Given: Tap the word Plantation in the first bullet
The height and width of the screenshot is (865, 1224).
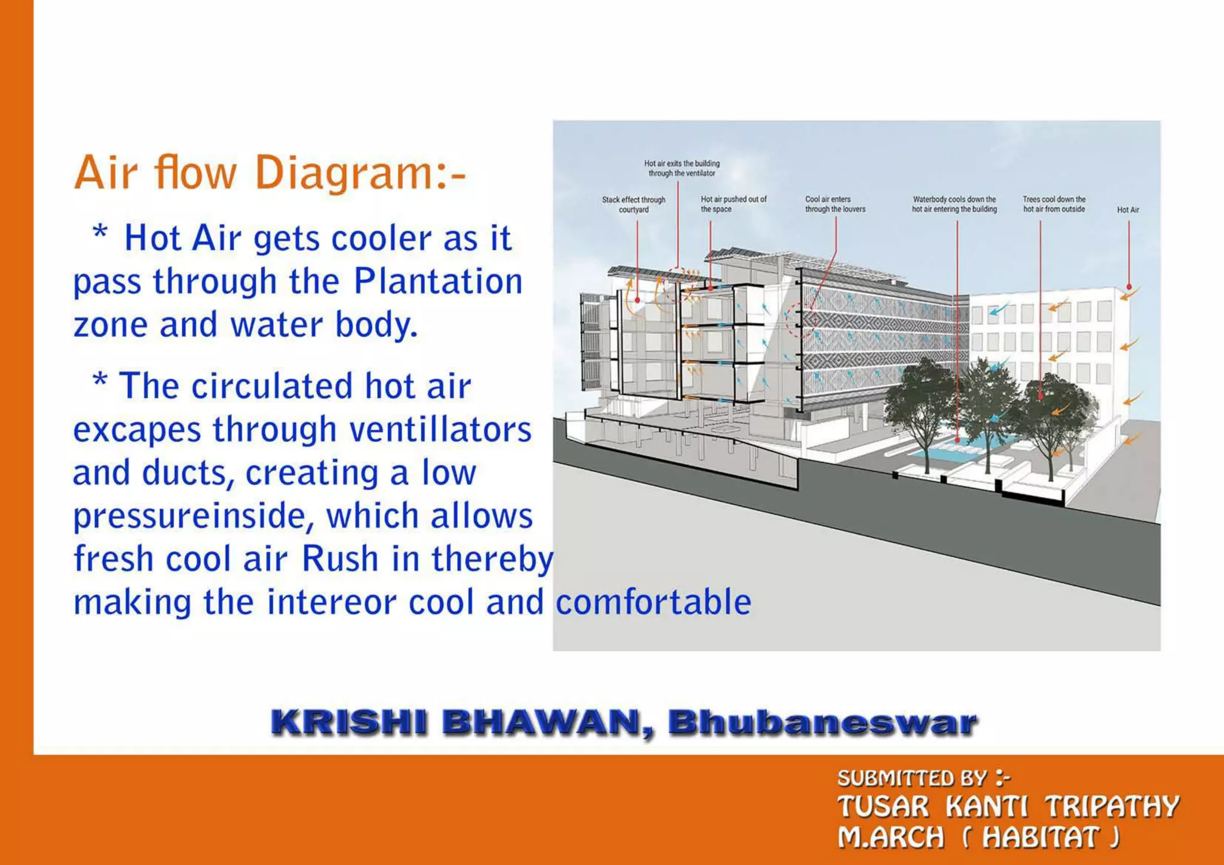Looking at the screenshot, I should [x=438, y=281].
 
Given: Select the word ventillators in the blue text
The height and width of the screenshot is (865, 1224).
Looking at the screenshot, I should [x=440, y=430].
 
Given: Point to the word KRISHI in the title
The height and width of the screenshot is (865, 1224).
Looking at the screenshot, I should [x=348, y=722].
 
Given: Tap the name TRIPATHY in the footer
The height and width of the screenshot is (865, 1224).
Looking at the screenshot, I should [x=1112, y=806].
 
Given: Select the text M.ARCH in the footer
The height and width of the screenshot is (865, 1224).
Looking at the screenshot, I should [x=891, y=838].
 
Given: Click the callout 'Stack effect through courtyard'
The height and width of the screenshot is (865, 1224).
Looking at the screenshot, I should [x=634, y=204].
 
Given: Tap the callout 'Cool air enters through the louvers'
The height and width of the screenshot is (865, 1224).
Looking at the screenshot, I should [x=835, y=204].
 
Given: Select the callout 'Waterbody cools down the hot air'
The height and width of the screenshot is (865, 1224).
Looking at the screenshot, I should [x=954, y=204].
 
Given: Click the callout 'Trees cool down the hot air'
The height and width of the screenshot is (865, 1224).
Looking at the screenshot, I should [x=1054, y=204].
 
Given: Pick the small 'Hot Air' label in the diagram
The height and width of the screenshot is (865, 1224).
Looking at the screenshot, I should [x=1128, y=210].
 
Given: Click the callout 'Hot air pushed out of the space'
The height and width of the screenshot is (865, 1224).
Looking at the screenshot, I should [x=733, y=204].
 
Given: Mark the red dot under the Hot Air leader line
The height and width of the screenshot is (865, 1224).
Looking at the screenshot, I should [x=1129, y=287].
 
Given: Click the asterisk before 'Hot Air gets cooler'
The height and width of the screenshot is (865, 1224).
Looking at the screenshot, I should [x=100, y=232].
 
